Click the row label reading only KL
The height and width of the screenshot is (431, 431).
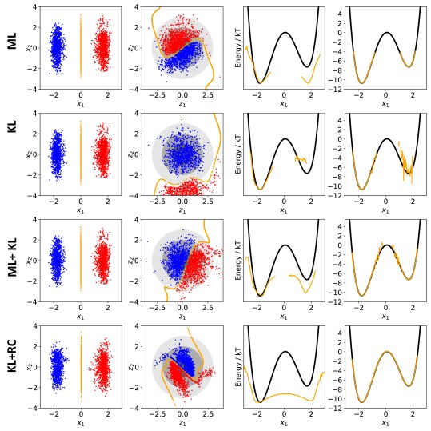[x=14, y=149]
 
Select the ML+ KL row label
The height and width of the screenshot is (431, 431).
[x=14, y=255]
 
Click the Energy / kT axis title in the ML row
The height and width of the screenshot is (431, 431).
[x=232, y=46]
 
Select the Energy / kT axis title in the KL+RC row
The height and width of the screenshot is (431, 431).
[x=232, y=365]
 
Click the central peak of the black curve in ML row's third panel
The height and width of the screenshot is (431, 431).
[x=284, y=33]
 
